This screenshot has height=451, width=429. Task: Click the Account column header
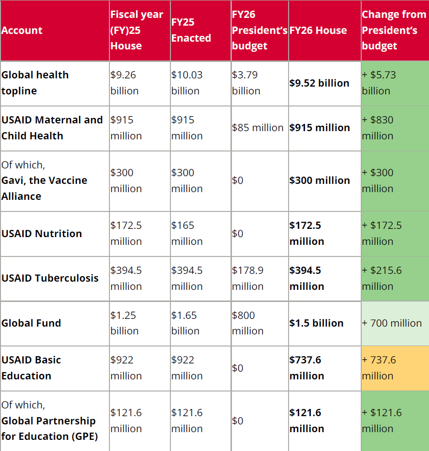pyautogui.click(x=22, y=30)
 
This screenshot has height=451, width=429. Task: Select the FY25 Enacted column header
pyautogui.click(x=191, y=30)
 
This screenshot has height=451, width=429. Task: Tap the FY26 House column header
pyautogui.click(x=318, y=30)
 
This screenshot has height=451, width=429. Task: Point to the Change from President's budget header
pyautogui.click(x=394, y=30)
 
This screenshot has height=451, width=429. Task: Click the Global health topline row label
pyautogui.click(x=35, y=83)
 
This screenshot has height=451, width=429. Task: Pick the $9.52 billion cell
pyautogui.click(x=319, y=83)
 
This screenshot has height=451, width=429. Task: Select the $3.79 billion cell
pyautogui.click(x=246, y=83)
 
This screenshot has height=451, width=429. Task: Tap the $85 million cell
pyautogui.click(x=258, y=128)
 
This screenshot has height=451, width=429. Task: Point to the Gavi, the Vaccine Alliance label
pyautogui.click(x=44, y=188)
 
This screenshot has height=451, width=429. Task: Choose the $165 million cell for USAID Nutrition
pyautogui.click(x=187, y=233)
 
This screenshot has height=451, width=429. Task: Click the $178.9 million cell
pyautogui.click(x=248, y=278)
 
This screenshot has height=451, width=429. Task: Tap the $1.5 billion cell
pyautogui.click(x=316, y=323)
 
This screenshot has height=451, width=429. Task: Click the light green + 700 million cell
pyautogui.click(x=392, y=323)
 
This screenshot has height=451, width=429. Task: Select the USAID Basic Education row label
pyautogui.click(x=31, y=368)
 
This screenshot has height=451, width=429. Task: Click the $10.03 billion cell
pyautogui.click(x=187, y=83)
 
